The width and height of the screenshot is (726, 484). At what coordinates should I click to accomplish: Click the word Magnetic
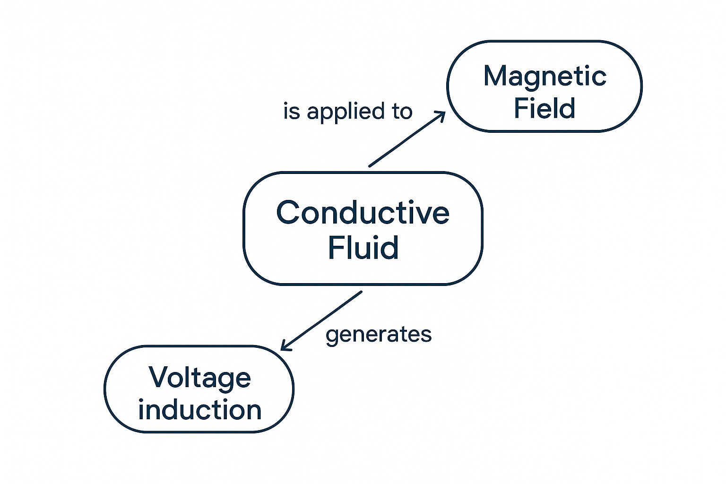tap(545, 78)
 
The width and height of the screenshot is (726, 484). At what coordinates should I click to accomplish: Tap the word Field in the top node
tap(544, 108)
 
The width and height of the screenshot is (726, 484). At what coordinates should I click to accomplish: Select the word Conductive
tap(363, 212)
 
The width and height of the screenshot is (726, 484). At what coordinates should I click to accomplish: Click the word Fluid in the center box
tap(363, 247)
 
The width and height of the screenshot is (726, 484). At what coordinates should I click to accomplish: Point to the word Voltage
tap(199, 378)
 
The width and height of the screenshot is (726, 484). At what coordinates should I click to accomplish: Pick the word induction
tap(199, 410)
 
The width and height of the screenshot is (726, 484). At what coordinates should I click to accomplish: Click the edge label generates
tap(379, 335)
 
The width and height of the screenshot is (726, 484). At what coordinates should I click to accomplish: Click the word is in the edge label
tap(291, 111)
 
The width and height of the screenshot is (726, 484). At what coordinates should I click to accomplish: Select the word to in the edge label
tap(402, 112)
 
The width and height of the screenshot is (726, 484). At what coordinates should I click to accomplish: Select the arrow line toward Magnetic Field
tap(407, 139)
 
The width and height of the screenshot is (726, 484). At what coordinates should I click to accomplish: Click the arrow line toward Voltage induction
tap(321, 321)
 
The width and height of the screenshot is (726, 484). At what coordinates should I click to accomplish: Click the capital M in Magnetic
tap(495, 76)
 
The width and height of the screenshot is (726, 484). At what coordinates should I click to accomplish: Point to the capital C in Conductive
tap(287, 212)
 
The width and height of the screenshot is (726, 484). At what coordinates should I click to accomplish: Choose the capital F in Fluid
tap(335, 247)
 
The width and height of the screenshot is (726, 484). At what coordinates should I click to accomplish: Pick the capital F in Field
tap(521, 108)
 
